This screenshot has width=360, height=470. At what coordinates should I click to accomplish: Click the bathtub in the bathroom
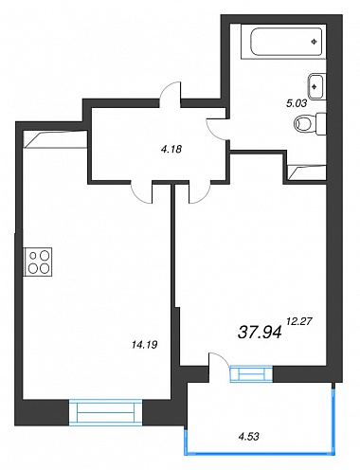283,42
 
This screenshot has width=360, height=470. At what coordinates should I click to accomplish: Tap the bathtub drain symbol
314,42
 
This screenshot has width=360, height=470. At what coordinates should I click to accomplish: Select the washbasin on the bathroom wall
316,86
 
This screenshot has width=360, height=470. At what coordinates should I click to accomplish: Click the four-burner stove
38,262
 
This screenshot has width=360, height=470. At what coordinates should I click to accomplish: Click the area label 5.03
297,103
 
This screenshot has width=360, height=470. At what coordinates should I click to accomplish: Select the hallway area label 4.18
171,149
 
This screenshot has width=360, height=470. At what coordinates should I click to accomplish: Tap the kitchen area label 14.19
145,345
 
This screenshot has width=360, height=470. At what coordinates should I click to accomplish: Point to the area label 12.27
299,321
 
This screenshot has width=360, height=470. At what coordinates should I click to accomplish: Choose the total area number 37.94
260,333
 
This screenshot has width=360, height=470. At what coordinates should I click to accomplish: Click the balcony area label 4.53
249,437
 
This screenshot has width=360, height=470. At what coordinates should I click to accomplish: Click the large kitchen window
105,412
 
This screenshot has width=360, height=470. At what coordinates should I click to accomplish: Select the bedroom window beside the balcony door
251,374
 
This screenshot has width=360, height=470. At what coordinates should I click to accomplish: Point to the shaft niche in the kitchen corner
56,139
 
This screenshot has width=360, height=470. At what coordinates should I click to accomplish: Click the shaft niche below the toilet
307,172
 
